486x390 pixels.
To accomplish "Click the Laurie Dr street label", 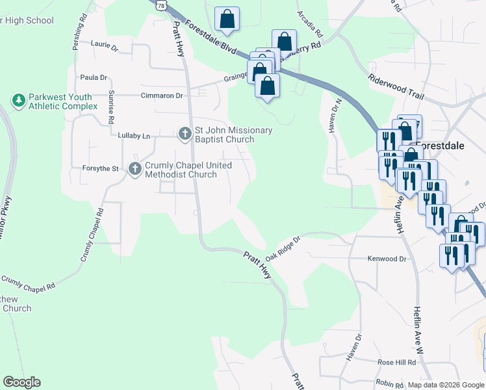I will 105,47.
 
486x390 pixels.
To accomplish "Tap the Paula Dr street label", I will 93,77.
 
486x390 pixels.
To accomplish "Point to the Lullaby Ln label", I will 134,136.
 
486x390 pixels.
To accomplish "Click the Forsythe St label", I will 100,169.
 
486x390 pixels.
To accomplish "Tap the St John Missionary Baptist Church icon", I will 185,134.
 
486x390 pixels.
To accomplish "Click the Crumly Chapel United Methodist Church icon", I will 135,169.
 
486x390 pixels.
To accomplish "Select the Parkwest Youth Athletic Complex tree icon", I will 19,100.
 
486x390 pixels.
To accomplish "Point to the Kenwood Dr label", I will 387,259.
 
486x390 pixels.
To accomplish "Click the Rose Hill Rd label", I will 397,362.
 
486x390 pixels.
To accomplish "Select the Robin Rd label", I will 390,384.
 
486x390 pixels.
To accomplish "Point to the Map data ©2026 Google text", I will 446,385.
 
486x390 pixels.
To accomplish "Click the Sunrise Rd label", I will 112,107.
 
